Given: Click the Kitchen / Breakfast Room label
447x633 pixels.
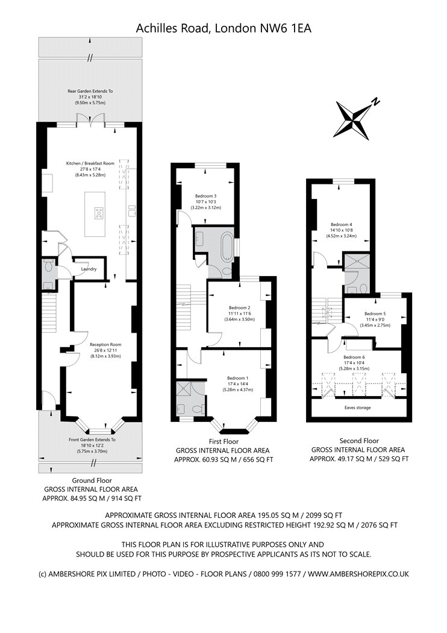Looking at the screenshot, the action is (x=90, y=163).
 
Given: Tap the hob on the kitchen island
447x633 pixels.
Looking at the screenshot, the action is (x=99, y=213).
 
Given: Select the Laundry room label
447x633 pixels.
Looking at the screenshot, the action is (x=89, y=269).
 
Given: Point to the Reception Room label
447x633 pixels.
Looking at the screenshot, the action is (x=105, y=345).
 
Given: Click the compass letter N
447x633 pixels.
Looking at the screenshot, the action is (x=375, y=101).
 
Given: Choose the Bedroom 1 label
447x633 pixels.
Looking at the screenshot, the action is (x=237, y=378).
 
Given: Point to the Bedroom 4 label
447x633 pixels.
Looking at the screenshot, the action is (x=342, y=224).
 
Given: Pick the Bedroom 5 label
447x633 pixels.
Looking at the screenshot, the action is (x=375, y=313).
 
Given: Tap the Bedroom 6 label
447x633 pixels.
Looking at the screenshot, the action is (x=354, y=357).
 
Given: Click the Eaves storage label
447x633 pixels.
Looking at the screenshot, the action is (x=357, y=408).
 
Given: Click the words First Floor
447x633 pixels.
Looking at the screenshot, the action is (x=223, y=442).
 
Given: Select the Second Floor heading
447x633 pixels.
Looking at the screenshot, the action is (x=359, y=441).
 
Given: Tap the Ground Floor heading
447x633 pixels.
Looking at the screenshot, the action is (x=92, y=480).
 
